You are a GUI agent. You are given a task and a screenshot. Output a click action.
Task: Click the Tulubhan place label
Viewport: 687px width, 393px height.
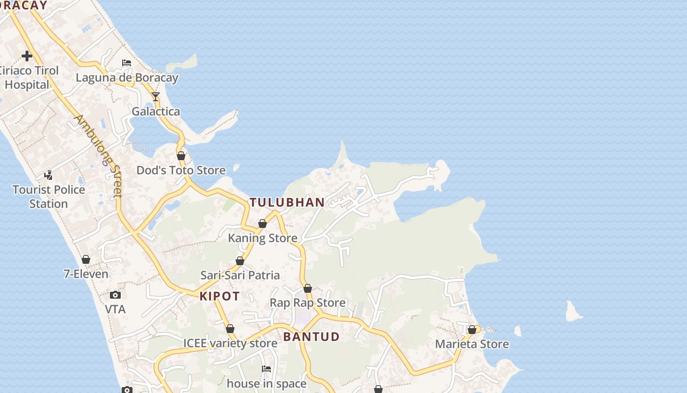click(287, 202)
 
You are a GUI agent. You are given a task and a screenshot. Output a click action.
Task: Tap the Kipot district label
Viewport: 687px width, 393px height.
click(220, 296)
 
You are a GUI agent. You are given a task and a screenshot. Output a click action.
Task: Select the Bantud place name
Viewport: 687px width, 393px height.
click(311, 337)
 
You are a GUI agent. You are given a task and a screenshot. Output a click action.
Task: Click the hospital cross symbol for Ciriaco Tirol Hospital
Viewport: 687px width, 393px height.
click(27, 56)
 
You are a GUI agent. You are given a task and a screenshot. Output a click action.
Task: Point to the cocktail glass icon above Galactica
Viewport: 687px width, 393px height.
click(156, 97)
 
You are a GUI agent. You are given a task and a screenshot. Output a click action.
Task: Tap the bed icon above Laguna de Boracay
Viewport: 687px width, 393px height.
click(127, 63)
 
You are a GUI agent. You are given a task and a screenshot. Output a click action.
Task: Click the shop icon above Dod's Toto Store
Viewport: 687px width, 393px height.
click(181, 156)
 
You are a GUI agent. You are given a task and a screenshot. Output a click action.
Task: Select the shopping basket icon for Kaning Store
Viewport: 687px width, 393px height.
click(263, 224)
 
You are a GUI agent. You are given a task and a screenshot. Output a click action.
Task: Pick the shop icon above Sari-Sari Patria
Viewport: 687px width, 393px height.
click(240, 261)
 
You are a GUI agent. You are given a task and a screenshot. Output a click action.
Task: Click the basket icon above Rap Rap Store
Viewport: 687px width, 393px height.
click(308, 288)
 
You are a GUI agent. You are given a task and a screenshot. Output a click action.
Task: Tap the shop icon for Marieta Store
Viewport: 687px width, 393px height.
click(472, 330)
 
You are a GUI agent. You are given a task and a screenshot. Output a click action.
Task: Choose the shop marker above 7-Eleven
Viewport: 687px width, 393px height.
click(86, 259)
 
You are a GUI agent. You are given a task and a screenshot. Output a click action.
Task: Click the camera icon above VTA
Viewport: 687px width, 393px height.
click(115, 295)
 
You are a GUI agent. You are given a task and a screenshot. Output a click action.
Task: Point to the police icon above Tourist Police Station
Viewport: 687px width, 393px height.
click(49, 175)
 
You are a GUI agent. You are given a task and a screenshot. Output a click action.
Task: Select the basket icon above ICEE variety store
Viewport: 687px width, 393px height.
click(230, 329)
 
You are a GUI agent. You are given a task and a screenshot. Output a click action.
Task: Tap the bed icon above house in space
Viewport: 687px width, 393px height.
click(266, 369)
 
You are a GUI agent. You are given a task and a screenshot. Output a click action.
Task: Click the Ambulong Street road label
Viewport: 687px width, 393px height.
click(98, 156)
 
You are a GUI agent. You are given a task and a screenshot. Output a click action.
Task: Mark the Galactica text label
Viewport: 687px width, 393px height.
click(156, 112)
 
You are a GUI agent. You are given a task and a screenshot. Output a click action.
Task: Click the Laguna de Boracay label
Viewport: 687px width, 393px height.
click(127, 78)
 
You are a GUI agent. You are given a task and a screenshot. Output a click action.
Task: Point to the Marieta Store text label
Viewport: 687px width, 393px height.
click(472, 344)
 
